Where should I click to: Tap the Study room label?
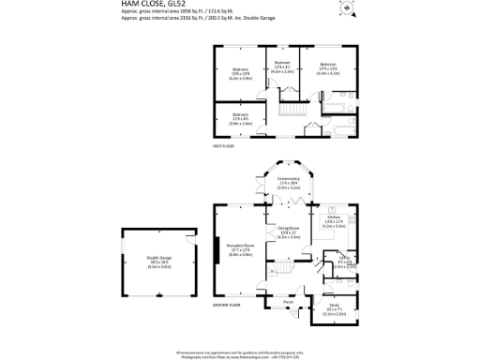[x=335, y=306]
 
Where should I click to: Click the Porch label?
[x=289, y=302]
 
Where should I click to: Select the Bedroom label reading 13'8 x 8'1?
[x=283, y=66]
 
